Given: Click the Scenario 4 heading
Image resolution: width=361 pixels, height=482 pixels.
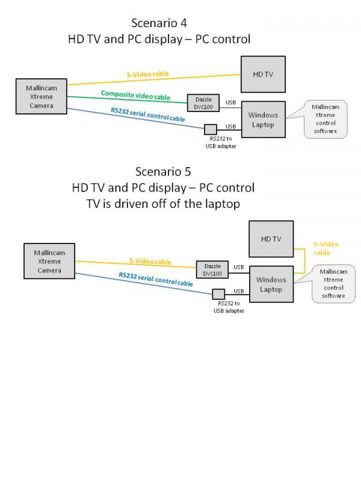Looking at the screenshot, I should coord(159,23).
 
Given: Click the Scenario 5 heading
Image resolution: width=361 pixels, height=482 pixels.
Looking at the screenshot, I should coord(163,171).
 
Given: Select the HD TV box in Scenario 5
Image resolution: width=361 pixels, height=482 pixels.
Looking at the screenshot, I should coord(271,239).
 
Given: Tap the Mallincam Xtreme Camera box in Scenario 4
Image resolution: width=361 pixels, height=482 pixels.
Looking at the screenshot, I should coord(41,96).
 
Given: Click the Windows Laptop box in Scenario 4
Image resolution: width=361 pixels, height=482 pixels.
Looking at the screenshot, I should coord(263,120).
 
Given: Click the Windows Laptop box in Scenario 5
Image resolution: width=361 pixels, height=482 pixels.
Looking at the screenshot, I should coord(271,284).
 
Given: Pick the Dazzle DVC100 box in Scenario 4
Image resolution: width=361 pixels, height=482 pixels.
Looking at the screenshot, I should coord(203,102).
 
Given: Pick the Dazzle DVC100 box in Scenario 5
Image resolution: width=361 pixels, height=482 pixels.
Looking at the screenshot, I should coord(213,269).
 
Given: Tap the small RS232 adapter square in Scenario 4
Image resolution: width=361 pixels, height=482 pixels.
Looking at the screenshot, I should coord(210,129).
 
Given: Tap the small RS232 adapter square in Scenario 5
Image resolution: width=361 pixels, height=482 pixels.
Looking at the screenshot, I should coord(218,294).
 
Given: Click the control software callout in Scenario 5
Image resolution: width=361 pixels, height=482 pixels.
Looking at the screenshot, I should coord(333,283).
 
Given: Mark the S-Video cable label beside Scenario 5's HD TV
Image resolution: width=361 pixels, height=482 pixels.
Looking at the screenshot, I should coord(326,248).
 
